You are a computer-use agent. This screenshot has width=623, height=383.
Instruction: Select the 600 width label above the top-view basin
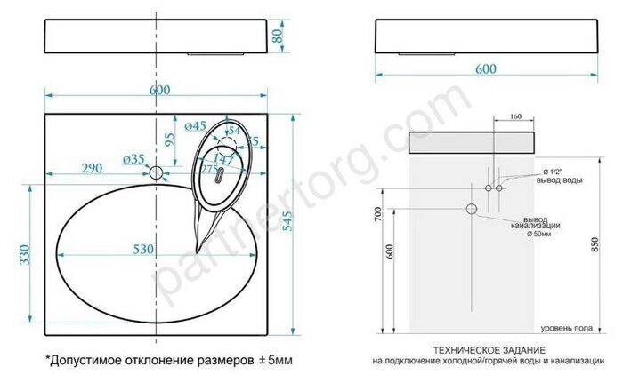point(159,91)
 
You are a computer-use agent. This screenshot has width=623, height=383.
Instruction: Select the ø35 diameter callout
point(133,160)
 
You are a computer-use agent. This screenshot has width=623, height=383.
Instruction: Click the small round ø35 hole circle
point(158,172)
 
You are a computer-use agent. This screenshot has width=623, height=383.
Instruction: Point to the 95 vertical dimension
point(169,140)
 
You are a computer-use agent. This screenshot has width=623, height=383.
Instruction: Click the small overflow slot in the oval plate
point(214,175)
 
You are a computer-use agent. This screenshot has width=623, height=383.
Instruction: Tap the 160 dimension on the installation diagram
point(515,116)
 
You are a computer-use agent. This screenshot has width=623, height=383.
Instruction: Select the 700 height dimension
point(378,215)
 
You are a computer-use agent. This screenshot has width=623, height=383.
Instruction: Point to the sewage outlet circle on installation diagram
point(472,208)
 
